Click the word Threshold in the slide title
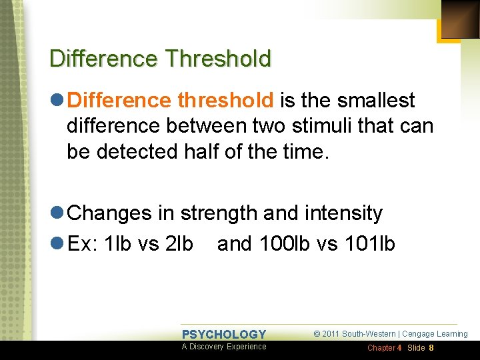point(219,59)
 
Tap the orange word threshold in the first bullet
point(225,101)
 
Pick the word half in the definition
point(213,151)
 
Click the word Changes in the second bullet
point(110,213)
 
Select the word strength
point(219,213)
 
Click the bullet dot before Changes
point(57,213)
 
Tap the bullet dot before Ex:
point(57,244)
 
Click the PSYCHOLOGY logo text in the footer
point(224,335)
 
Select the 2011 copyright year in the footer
point(331,334)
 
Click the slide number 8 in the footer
point(431,348)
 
